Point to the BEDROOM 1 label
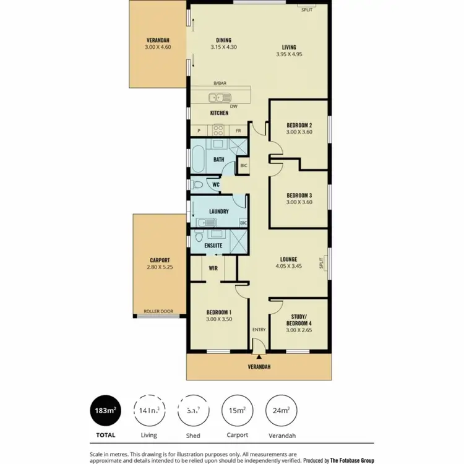point(218,312)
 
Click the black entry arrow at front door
point(259,356)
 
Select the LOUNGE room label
point(288,259)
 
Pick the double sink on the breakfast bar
point(219,97)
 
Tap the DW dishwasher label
point(234,106)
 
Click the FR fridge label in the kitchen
point(238,131)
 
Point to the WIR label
point(213,269)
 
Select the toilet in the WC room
point(196,184)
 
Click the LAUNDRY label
point(219,212)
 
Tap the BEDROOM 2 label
point(298,125)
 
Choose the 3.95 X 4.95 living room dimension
point(289,54)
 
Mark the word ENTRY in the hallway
point(259,330)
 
